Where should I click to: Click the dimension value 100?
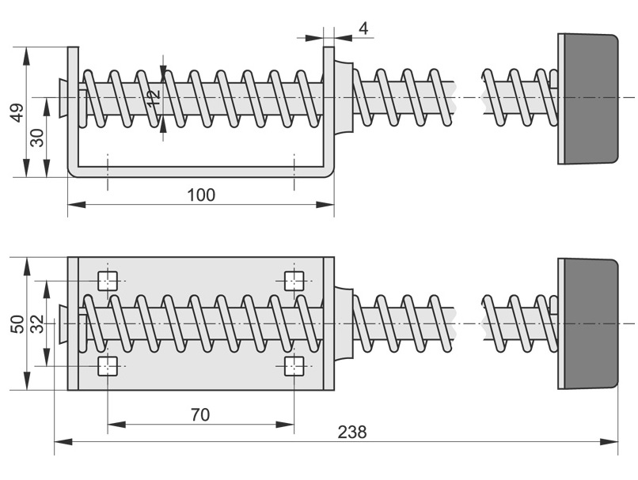[201, 194]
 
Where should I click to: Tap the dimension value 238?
[352, 432]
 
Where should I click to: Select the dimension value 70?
[200, 414]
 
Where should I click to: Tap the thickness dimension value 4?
[363, 28]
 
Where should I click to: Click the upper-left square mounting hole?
[108, 280]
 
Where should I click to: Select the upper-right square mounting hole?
[294, 280]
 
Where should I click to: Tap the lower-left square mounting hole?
[108, 365]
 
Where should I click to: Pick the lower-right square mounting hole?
[294, 365]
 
